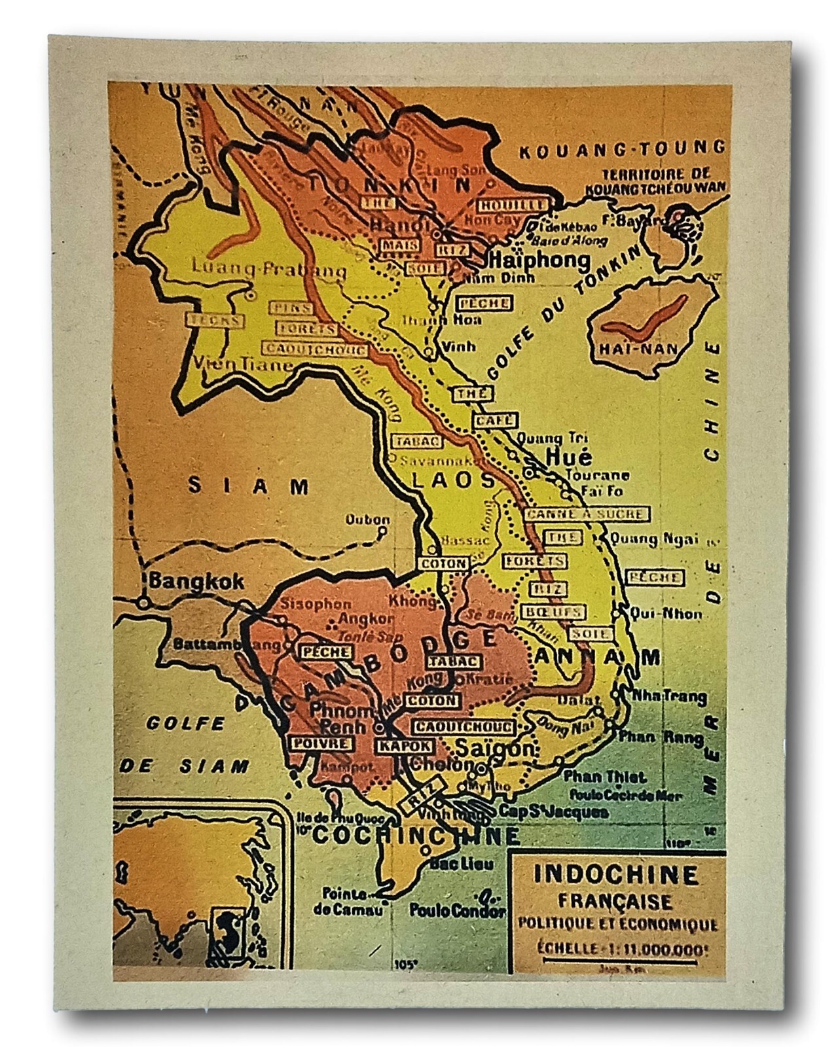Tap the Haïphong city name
(536, 260)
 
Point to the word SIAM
(249, 486)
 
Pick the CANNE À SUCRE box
(585, 514)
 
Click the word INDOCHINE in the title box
(616, 875)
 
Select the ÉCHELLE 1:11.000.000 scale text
(616, 948)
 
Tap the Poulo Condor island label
(458, 910)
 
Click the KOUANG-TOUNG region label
(622, 150)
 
